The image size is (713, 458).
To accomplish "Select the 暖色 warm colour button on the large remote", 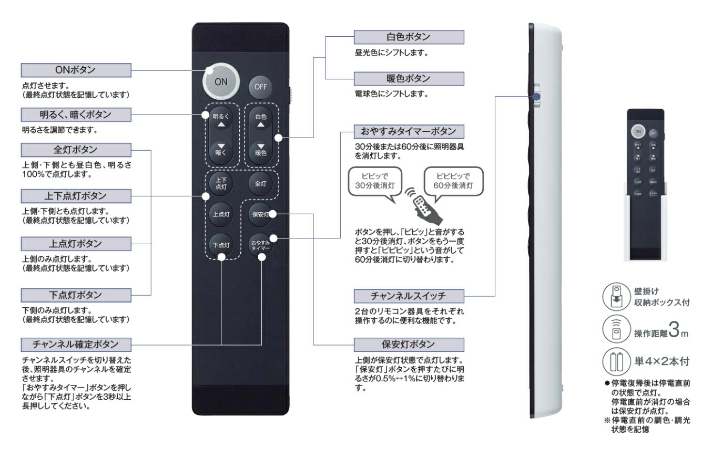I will click(x=260, y=149).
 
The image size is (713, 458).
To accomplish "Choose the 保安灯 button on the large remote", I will click(x=260, y=214).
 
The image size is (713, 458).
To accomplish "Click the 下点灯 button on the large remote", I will click(x=221, y=245).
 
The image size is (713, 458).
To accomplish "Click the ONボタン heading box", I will click(x=75, y=70).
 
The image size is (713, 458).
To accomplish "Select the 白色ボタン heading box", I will click(x=409, y=37).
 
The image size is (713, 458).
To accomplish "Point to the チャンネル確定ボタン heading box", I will click(x=75, y=344).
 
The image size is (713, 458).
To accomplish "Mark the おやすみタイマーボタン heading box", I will click(x=409, y=131).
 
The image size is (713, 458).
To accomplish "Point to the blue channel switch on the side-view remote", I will click(x=535, y=96).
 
